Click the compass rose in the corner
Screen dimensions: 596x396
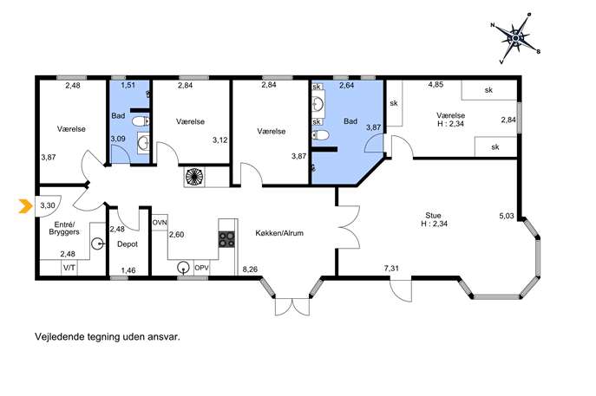515,38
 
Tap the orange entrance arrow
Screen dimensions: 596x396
25,206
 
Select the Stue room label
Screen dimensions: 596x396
433,215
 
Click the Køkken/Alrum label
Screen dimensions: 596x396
279,233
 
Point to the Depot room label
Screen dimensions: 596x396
128,244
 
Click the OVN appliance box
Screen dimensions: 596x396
160,223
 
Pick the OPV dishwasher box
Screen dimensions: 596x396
201,268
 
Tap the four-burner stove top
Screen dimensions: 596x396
226,239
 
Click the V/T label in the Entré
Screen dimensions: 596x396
69,268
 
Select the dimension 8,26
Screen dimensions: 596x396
250,269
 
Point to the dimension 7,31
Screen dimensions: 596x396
391,268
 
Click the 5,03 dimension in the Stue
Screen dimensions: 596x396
507,216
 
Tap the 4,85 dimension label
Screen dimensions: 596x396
436,85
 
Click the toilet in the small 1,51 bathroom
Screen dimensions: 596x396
141,121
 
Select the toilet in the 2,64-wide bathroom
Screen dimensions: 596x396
321,135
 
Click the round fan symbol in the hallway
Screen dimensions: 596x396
194,177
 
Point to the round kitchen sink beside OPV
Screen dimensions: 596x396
184,268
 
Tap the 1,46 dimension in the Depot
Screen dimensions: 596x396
128,270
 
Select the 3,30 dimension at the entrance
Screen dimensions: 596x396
48,205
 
